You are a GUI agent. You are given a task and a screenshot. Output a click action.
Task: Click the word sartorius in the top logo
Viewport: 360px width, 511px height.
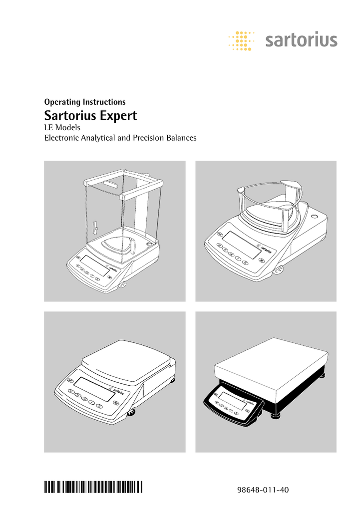301,40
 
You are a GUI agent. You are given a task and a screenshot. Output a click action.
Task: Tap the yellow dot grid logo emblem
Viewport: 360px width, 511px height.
241,40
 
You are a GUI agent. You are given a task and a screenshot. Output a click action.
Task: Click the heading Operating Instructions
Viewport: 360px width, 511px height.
85,102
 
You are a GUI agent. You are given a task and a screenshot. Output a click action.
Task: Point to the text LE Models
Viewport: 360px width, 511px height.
62,128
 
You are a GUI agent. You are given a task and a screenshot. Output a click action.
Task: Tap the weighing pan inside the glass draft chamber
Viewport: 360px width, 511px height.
117,246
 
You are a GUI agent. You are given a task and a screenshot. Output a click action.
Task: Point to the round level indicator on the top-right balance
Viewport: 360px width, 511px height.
315,217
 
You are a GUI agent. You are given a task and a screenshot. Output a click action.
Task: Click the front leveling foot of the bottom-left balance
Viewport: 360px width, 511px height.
133,412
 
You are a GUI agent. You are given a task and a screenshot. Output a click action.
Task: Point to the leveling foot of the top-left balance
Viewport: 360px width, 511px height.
122,285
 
